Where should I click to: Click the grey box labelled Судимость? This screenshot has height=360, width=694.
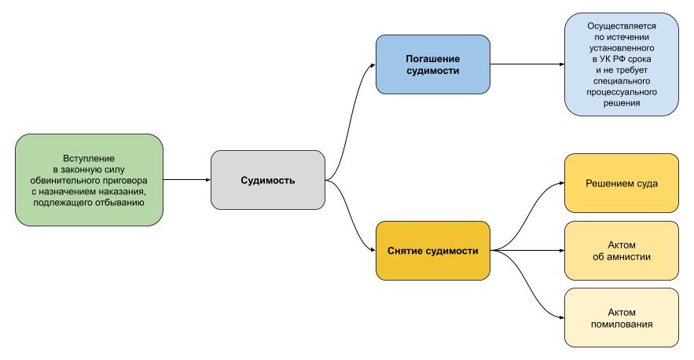click(267, 180)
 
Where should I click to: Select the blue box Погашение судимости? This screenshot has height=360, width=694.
click(432, 64)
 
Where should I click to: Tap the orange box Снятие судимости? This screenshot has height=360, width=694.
click(432, 251)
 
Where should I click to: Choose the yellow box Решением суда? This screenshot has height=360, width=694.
click(621, 183)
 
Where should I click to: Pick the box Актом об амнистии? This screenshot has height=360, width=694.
click(621, 251)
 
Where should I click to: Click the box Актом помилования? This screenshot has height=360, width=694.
click(621, 318)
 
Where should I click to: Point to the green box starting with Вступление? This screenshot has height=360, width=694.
click(89, 180)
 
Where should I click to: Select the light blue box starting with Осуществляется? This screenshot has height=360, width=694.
click(621, 64)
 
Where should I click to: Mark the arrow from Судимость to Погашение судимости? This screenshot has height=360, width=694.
click(350, 118)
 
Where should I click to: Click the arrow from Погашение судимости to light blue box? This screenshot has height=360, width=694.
click(527, 64)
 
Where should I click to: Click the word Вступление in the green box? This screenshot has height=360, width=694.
click(89, 159)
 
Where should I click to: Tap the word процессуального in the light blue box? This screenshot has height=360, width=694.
click(621, 92)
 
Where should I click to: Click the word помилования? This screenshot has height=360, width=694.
click(621, 324)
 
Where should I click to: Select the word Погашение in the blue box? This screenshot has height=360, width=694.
click(432, 58)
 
